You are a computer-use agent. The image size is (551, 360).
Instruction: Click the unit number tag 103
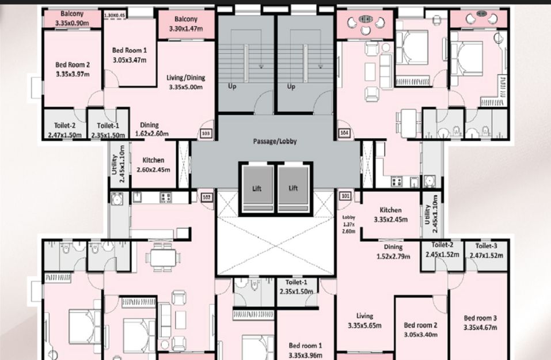pyautogui.click(x=206, y=134)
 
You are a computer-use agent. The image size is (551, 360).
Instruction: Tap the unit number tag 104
pyautogui.click(x=344, y=133)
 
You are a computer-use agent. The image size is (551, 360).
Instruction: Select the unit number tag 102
pyautogui.click(x=207, y=197)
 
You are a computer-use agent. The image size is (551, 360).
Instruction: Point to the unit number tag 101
pyautogui.click(x=345, y=196)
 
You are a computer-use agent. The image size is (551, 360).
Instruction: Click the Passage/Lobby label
pyautogui.click(x=275, y=141)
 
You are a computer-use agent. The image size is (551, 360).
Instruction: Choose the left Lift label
pyautogui.click(x=257, y=188)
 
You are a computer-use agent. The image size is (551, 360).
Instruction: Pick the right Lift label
pyautogui.click(x=293, y=188)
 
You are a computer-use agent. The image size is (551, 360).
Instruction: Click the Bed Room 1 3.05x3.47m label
pyautogui.click(x=130, y=55)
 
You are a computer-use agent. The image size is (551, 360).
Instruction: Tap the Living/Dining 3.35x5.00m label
pyautogui.click(x=185, y=82)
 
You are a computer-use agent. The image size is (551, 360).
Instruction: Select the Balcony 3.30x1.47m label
pyautogui.click(x=186, y=24)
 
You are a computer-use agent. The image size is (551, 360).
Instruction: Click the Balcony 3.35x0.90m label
pyautogui.click(x=72, y=18)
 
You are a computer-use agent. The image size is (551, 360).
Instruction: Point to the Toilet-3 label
pyautogui.click(x=487, y=246)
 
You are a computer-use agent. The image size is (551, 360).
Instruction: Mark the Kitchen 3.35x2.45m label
pyautogui.click(x=390, y=215)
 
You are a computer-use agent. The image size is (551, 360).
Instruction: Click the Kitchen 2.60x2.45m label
pyautogui.click(x=153, y=165)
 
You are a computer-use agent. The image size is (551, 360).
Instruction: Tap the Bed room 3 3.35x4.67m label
pyautogui.click(x=480, y=323)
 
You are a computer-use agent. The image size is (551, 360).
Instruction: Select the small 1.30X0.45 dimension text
pyautogui.click(x=115, y=15)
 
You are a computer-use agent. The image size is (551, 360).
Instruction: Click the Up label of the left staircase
pyautogui.click(x=232, y=86)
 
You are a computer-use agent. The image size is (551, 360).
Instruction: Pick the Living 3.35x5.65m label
pyautogui.click(x=364, y=321)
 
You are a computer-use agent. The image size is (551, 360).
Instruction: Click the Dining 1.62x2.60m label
pyautogui.click(x=151, y=130)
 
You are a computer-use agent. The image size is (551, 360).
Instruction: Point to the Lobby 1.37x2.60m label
pyautogui.click(x=348, y=224)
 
